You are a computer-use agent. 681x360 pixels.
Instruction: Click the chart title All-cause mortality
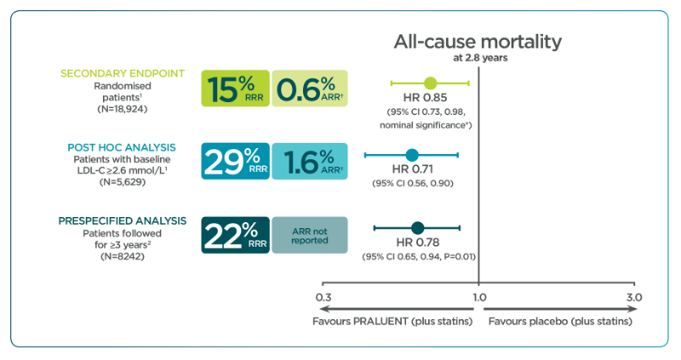[x=478, y=42]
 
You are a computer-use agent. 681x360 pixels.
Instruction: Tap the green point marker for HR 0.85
[x=430, y=83]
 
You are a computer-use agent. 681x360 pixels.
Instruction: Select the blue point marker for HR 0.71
[x=412, y=155]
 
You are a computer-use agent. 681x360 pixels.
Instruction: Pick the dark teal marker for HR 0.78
[x=417, y=227]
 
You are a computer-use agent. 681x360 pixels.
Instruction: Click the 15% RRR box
[x=236, y=89]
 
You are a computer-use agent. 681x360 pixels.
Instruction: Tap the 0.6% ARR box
[x=310, y=89]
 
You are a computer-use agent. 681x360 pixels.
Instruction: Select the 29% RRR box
[x=236, y=161]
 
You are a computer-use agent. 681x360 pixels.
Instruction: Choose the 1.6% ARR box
[x=310, y=161]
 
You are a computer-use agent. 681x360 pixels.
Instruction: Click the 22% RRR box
[x=236, y=235]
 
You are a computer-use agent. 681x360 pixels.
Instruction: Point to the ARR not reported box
[x=310, y=235]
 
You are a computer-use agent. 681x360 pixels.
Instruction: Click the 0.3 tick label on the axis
[x=323, y=298]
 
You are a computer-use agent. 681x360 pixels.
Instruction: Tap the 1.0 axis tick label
[x=479, y=298]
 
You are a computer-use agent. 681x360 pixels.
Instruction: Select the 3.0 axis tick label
[x=634, y=298]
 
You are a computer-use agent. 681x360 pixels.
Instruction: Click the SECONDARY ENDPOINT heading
[x=123, y=73]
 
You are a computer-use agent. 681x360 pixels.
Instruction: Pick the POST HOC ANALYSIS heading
[x=122, y=147]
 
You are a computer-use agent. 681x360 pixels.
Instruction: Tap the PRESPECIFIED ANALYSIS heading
[x=123, y=221]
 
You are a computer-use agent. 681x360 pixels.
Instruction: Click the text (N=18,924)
[x=123, y=109]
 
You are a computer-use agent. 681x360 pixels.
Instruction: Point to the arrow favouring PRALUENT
[x=396, y=309]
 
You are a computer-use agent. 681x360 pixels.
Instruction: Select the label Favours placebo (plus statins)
[x=560, y=322]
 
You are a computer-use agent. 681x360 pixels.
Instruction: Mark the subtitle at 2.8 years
[x=480, y=58]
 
